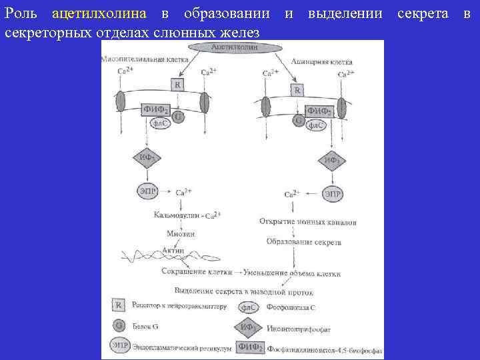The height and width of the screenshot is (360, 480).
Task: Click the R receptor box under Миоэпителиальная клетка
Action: point(177,85)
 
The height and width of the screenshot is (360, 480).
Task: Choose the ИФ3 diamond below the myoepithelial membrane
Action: point(147,159)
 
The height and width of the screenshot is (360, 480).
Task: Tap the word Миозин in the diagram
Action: point(181,233)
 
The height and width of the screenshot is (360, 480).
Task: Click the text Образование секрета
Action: point(304,242)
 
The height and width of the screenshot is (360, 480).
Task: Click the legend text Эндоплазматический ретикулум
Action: point(180,347)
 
